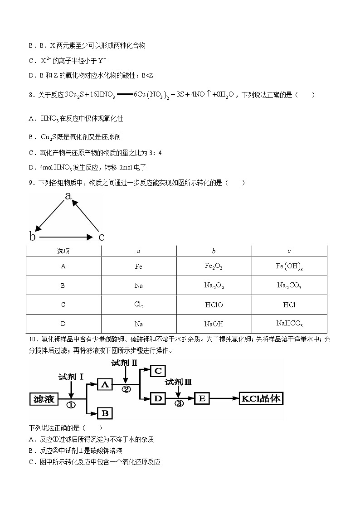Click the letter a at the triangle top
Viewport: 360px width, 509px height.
(x=68, y=196)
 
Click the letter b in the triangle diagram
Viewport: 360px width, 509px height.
(x=32, y=237)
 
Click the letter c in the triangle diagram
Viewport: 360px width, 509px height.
(x=102, y=237)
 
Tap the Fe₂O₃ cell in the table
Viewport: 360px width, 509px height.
(x=214, y=267)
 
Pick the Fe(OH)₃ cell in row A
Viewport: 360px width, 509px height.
(x=289, y=267)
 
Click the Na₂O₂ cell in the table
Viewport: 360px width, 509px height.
(x=214, y=286)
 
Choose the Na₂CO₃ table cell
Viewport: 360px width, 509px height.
(x=289, y=286)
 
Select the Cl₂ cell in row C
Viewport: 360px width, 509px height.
(x=139, y=305)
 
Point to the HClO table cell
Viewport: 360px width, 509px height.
(x=214, y=305)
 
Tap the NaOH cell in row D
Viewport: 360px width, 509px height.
(x=214, y=324)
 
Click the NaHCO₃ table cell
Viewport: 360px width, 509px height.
(x=289, y=324)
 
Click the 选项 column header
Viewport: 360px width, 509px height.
(x=63, y=251)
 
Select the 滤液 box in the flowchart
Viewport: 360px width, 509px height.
(x=44, y=399)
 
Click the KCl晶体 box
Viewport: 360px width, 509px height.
(x=262, y=399)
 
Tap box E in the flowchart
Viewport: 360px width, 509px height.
(x=202, y=399)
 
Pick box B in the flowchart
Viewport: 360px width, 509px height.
(x=105, y=413)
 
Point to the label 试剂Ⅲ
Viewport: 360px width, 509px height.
(x=178, y=383)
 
